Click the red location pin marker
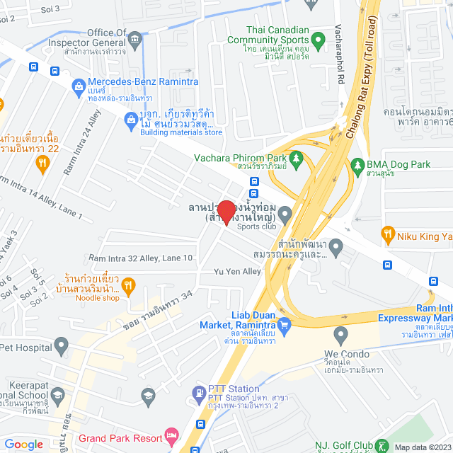pos(226,212)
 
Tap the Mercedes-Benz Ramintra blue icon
pos(79,86)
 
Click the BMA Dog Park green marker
pos(357,165)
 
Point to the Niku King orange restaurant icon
pos(387,233)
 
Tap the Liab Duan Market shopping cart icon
pos(285,325)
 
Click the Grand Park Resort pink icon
pos(171,433)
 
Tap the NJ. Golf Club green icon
pos(383,445)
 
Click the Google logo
pos(24,444)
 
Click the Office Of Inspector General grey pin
pos(137,33)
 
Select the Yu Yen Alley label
pos(238,272)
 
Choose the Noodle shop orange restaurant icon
pos(128,286)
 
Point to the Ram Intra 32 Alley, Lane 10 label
pos(140,258)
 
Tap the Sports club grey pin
pos(285,213)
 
